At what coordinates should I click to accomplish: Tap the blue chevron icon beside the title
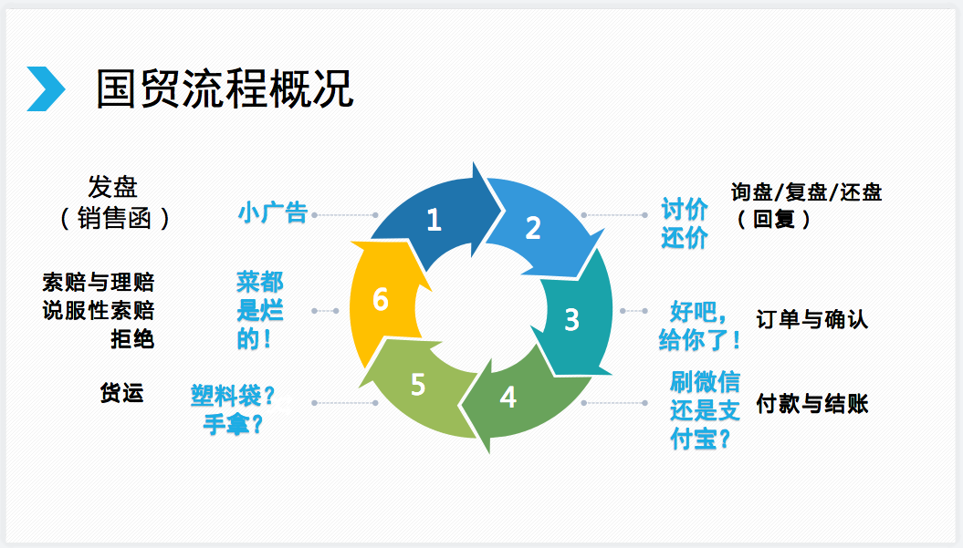click(46, 89)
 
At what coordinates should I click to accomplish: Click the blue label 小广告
click(272, 213)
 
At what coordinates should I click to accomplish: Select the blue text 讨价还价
click(685, 224)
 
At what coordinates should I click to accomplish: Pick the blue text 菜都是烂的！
click(260, 311)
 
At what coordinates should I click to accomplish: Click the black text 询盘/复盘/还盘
click(807, 192)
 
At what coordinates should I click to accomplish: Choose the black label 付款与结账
click(812, 404)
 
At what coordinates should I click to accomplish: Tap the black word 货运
click(122, 394)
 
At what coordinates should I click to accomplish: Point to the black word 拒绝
click(132, 340)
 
